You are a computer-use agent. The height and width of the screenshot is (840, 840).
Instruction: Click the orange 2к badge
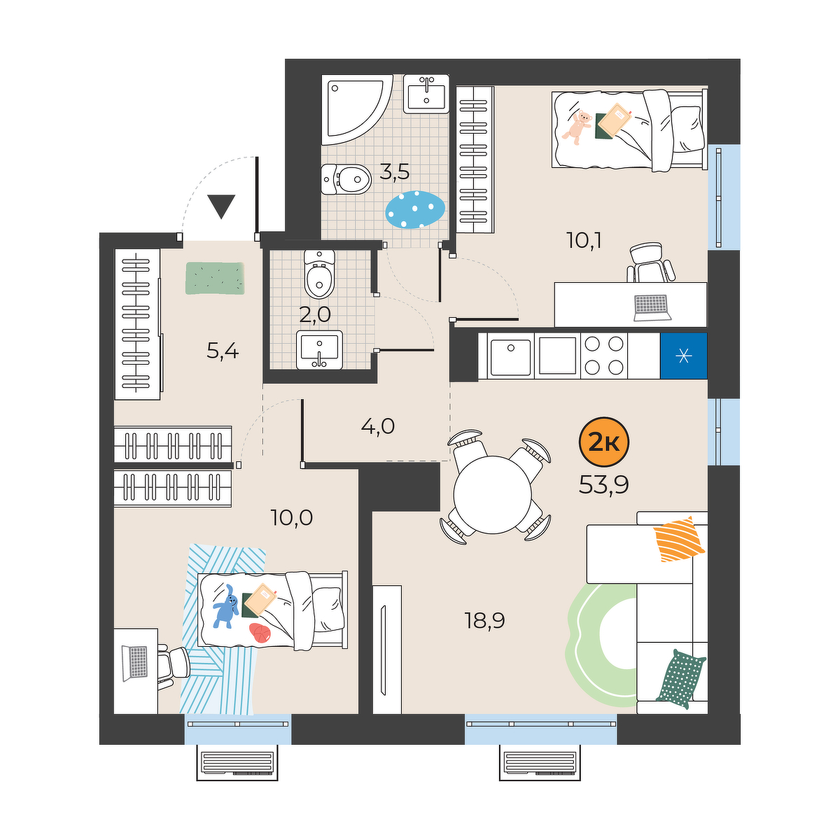pyautogui.click(x=603, y=443)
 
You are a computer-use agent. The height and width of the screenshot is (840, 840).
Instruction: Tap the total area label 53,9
pyautogui.click(x=603, y=484)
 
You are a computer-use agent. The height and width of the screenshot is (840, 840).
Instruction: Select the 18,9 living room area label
pyautogui.click(x=484, y=620)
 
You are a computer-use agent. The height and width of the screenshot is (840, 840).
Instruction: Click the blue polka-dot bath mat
pyautogui.click(x=415, y=209)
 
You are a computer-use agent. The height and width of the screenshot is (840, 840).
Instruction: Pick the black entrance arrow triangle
pyautogui.click(x=221, y=206)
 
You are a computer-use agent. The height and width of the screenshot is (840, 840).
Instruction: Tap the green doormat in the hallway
pyautogui.click(x=214, y=278)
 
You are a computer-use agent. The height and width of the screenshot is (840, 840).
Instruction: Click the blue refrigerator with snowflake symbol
pyautogui.click(x=683, y=356)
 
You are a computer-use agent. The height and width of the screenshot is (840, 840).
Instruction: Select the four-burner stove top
pyautogui.click(x=603, y=356)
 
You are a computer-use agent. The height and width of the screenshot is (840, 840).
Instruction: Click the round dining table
pyautogui.click(x=492, y=495)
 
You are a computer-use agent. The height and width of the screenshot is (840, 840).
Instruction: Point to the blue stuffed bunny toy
pyautogui.click(x=225, y=607)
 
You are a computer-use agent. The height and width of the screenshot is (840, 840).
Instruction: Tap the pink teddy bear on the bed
pyautogui.click(x=577, y=127)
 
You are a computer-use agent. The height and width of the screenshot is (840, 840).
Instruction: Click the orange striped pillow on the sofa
pyautogui.click(x=679, y=539)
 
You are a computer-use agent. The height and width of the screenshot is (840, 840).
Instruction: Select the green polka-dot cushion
pyautogui.click(x=680, y=678)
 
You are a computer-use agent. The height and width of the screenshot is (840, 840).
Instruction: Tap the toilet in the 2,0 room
pyautogui.click(x=319, y=274)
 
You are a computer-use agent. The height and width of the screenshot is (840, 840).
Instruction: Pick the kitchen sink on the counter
pyautogui.click(x=511, y=356)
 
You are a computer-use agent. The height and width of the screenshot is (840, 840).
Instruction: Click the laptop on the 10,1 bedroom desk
pyautogui.click(x=652, y=308)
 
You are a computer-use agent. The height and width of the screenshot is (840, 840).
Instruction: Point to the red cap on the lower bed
pyautogui.click(x=260, y=633)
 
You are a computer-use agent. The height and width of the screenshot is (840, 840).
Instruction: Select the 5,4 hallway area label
pyautogui.click(x=223, y=351)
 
